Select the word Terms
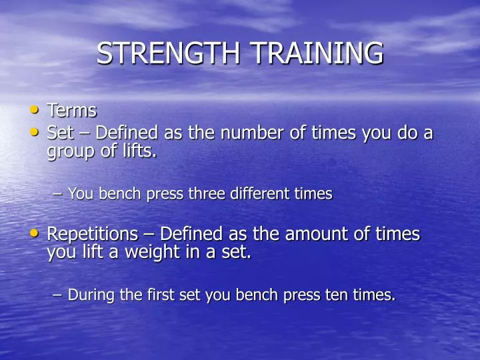click(72, 111)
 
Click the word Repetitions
click(90, 235)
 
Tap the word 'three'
click(206, 194)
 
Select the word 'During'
click(91, 295)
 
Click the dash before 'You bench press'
click(57, 195)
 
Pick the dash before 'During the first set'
click(57, 295)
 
